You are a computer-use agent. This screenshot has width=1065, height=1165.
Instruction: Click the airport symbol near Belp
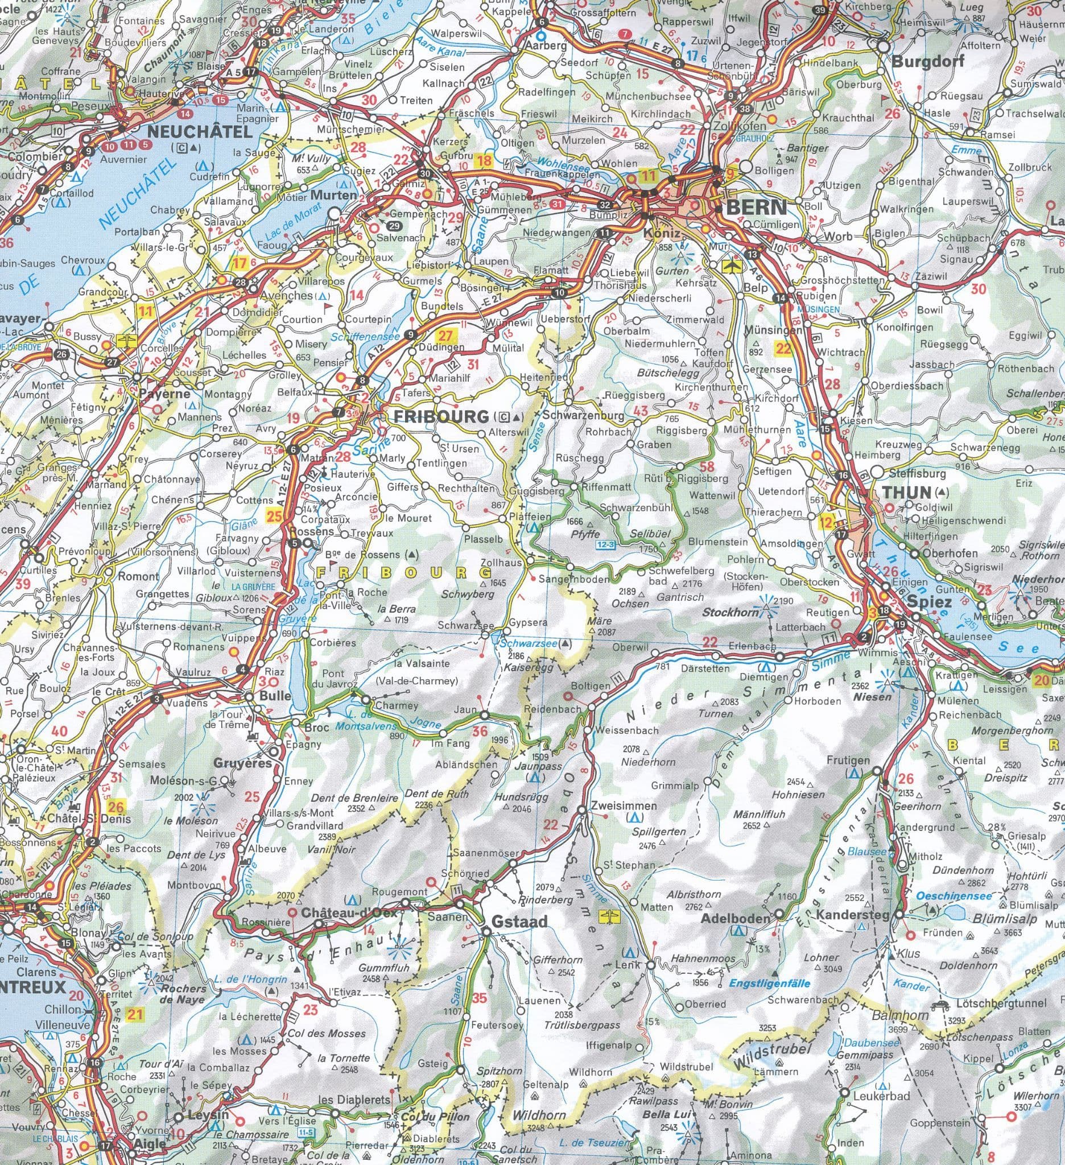pos(732,265)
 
